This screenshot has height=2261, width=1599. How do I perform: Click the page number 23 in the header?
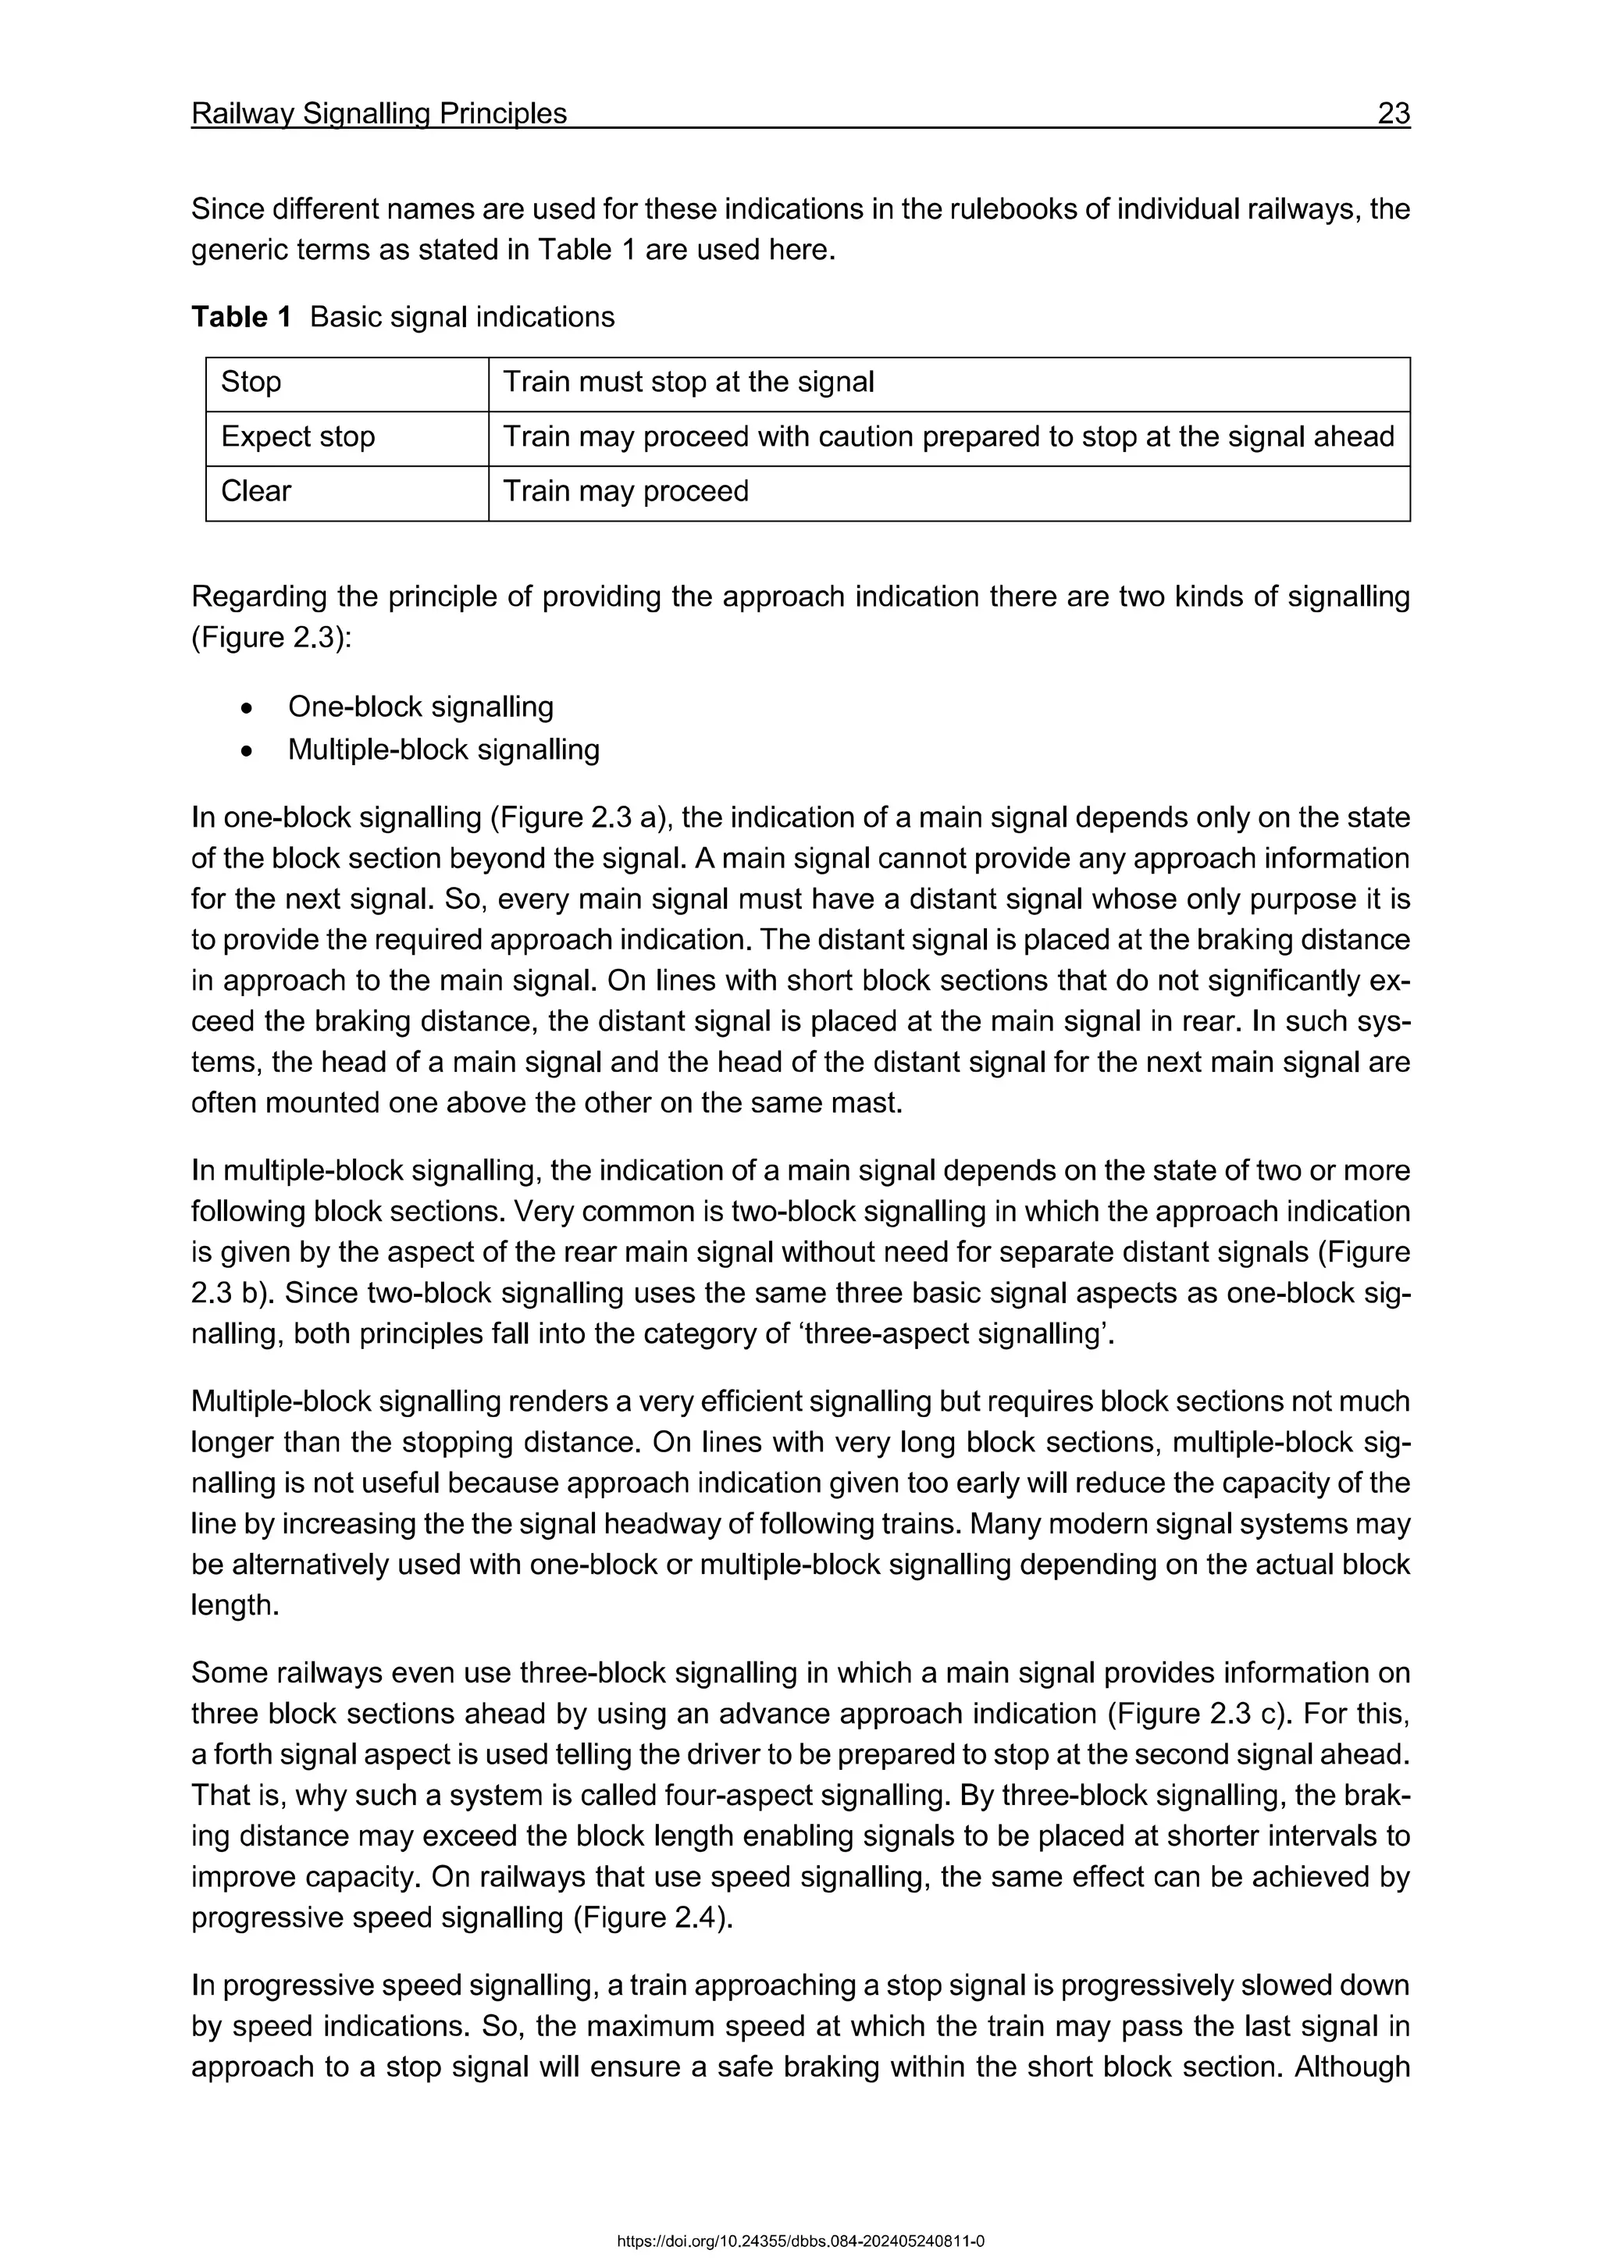[x=1393, y=114]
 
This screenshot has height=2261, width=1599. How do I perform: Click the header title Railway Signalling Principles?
[x=379, y=114]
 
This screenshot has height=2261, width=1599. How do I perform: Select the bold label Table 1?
[x=241, y=317]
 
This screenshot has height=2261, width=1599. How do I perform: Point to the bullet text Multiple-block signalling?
[x=443, y=750]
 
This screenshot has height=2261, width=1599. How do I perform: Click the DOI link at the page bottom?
[x=799, y=2241]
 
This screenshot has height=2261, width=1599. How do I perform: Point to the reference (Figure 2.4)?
[x=652, y=1918]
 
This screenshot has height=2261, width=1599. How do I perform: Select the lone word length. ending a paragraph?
[x=234, y=1605]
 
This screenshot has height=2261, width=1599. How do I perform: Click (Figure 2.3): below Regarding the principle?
[x=271, y=638]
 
